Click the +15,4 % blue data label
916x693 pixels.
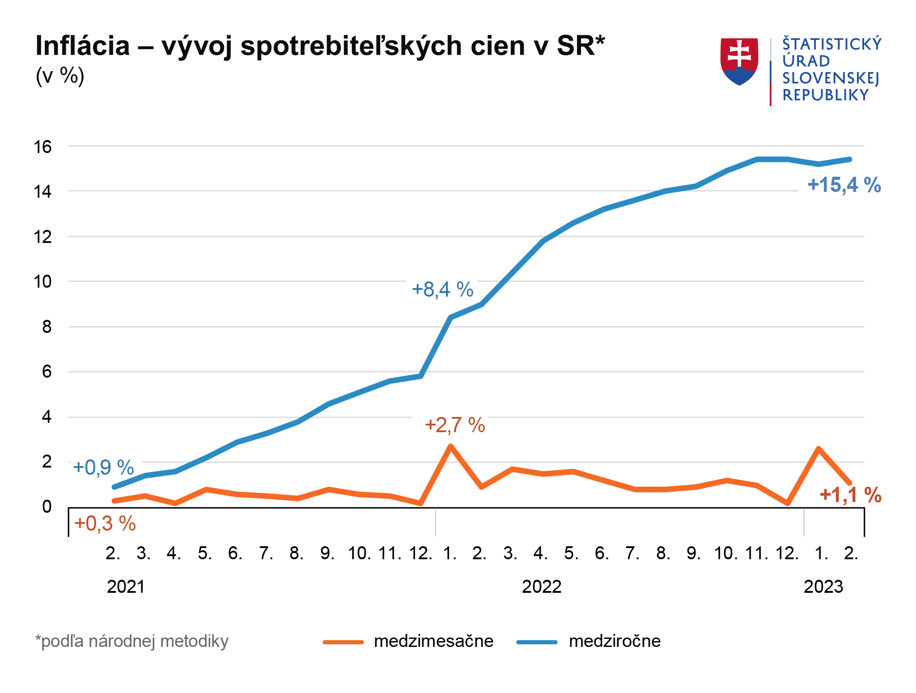844,185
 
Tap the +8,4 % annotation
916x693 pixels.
442,289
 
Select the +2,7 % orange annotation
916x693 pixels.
454,425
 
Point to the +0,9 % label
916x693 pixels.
103,468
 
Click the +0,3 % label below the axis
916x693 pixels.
105,523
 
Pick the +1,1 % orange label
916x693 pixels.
850,495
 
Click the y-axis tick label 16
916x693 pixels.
43,147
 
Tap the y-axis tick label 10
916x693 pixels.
43,282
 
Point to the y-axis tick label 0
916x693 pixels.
47,507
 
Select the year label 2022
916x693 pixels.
541,587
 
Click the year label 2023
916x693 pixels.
823,587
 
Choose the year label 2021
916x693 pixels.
126,587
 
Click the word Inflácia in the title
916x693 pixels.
82,46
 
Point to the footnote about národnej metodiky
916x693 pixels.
132,641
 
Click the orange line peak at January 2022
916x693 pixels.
450,446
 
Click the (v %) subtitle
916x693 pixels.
60,76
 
